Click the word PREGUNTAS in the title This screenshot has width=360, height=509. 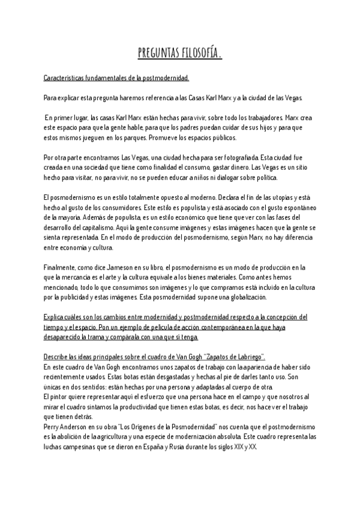(157, 55)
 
